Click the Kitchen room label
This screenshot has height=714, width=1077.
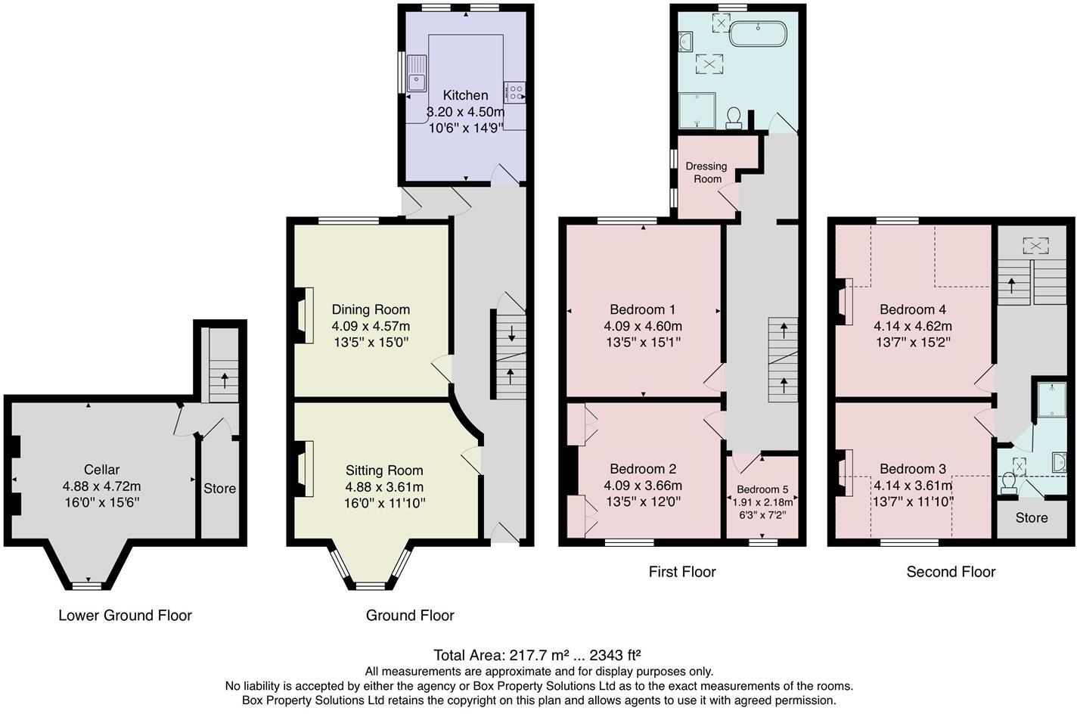tap(465, 95)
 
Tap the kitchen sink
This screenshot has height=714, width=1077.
tap(417, 74)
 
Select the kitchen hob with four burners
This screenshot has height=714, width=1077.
tap(515, 92)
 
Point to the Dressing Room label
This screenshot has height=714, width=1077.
tap(706, 172)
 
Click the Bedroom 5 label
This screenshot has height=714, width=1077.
tap(762, 489)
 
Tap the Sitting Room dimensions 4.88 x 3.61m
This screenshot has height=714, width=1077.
tap(384, 486)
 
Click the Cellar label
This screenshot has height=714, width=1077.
tap(101, 470)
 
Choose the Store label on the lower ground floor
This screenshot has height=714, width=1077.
tap(219, 489)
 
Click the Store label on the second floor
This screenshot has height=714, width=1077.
tap(1032, 518)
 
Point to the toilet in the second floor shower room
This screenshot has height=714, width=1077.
tap(1009, 483)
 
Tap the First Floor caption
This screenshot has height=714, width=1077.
tap(681, 572)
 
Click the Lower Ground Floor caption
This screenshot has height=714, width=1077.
tap(125, 616)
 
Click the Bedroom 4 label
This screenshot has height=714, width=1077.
tap(913, 309)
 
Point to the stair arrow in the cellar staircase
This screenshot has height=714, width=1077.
tap(224, 376)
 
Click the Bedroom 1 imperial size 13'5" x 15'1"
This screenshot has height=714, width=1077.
tap(643, 343)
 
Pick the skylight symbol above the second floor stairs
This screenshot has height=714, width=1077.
tap(1035, 245)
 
